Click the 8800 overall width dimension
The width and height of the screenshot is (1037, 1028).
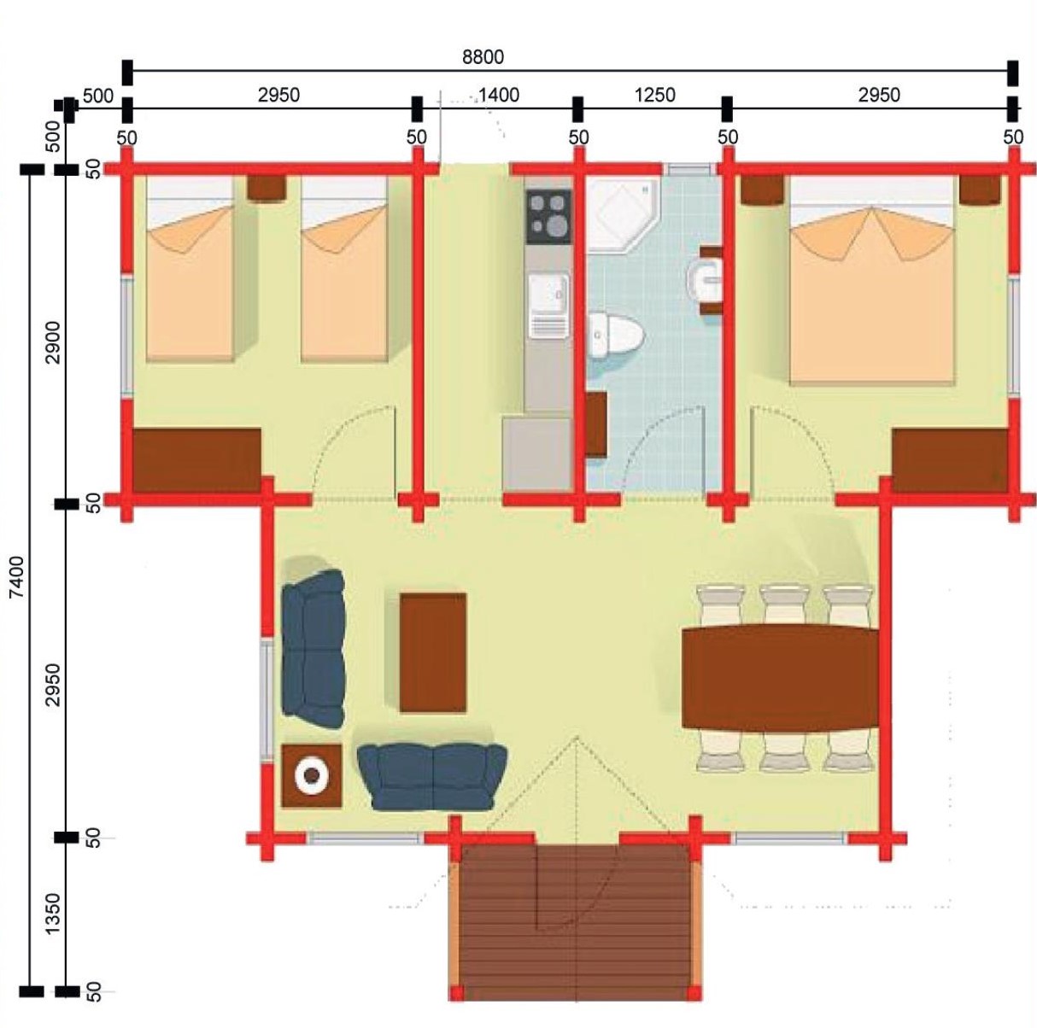(483, 56)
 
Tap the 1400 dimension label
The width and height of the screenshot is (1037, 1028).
(499, 96)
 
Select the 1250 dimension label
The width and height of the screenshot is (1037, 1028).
(654, 96)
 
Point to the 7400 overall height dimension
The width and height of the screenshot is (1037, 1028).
(17, 577)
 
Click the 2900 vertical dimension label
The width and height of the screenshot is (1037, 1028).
(53, 342)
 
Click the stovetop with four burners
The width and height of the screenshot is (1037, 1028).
(549, 216)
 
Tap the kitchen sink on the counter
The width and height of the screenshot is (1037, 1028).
(548, 306)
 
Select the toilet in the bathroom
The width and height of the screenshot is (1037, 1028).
(614, 335)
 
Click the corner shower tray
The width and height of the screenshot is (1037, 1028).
(622, 214)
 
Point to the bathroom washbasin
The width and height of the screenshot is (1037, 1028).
(705, 281)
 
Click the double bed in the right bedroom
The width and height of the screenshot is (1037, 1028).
(872, 281)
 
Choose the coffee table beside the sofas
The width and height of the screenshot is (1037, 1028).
(433, 652)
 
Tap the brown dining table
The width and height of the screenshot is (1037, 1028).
(780, 677)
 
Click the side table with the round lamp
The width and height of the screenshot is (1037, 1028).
(312, 775)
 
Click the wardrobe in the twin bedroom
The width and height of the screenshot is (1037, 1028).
(197, 460)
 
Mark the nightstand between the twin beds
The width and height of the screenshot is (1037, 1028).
(267, 189)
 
